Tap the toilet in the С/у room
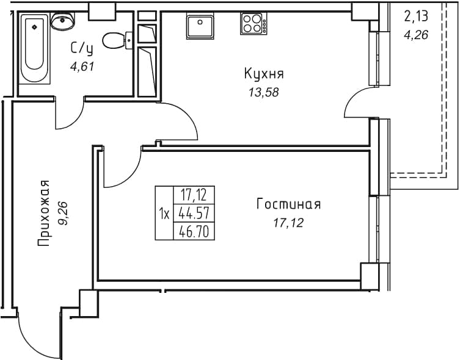pyautogui.click(x=117, y=41)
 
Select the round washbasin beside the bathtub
pyautogui.click(x=62, y=21)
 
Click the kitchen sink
pyautogui.click(x=200, y=27)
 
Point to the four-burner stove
pyautogui.click(x=253, y=23)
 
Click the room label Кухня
pyautogui.click(x=264, y=74)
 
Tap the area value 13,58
pyautogui.click(x=264, y=93)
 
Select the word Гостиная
pyautogui.click(x=288, y=204)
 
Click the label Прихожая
pyautogui.click(x=43, y=213)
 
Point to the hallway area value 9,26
pyautogui.click(x=63, y=214)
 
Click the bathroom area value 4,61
pyautogui.click(x=82, y=67)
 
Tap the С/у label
pyautogui.click(x=82, y=49)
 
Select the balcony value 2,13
pyautogui.click(x=416, y=16)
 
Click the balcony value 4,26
pyautogui.click(x=416, y=35)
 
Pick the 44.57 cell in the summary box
pyautogui.click(x=194, y=212)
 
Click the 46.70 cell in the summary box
pyautogui.click(x=194, y=231)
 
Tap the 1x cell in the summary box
pyautogui.click(x=164, y=213)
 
